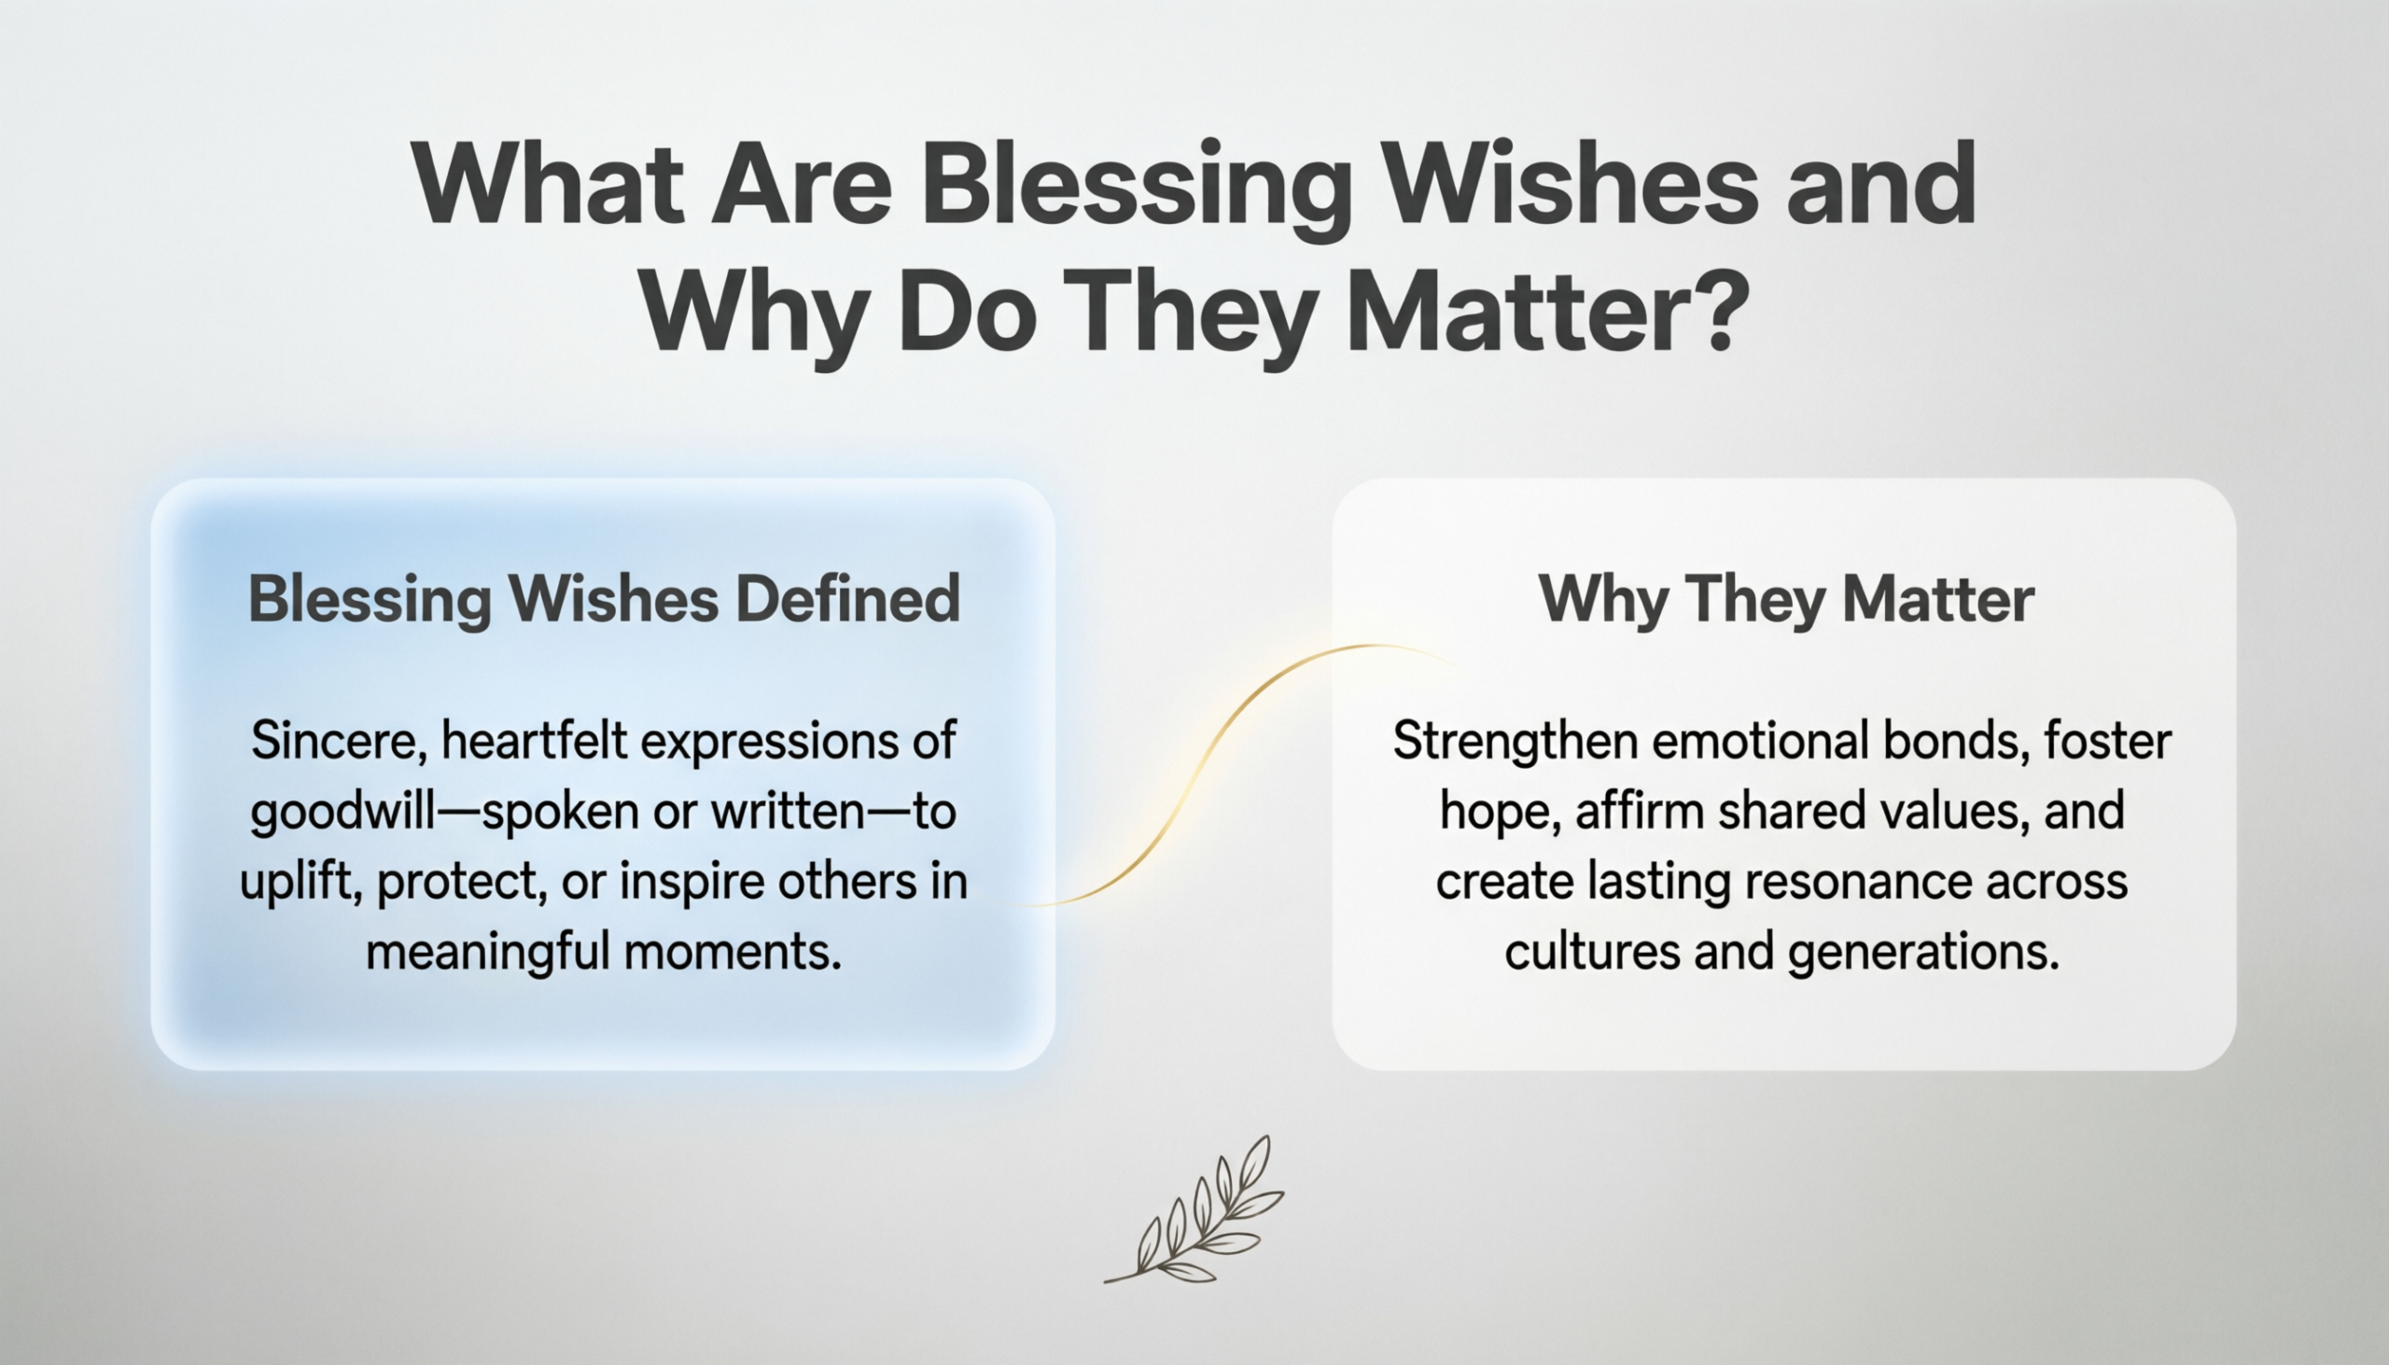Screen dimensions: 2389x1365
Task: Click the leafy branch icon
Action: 1194,1209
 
